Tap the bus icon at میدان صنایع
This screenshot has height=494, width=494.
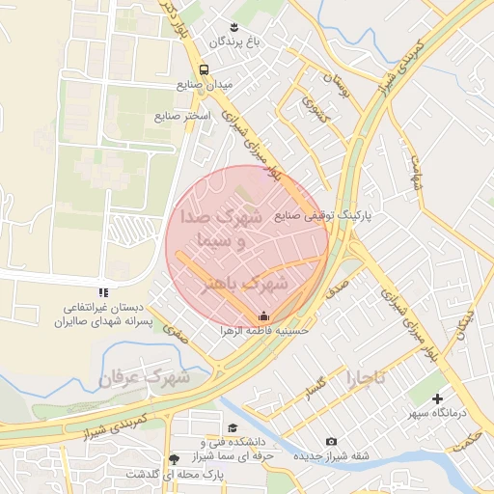pyautogui.click(x=204, y=69)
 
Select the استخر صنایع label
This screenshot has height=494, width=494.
pyautogui.click(x=180, y=117)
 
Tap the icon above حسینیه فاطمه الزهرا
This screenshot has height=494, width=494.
pyautogui.click(x=264, y=316)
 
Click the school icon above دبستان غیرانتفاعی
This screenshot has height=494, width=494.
pyautogui.click(x=103, y=292)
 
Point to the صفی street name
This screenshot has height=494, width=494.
pyautogui.click(x=174, y=333)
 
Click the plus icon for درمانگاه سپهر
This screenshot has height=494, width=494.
pyautogui.click(x=438, y=398)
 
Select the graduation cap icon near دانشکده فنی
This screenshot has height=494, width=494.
pyautogui.click(x=232, y=427)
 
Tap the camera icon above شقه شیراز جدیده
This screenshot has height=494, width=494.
pyautogui.click(x=332, y=441)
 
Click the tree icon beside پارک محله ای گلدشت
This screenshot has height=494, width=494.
pyautogui.click(x=174, y=459)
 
